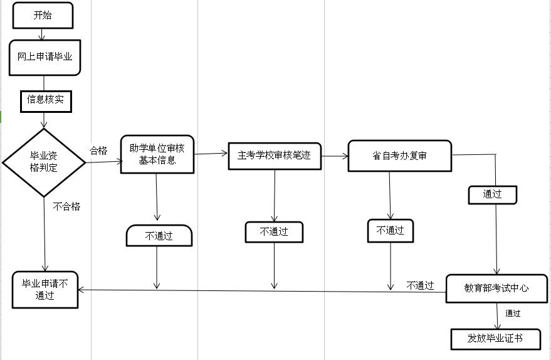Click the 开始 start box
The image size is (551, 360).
(43, 16)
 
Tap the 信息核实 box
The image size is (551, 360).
(45, 100)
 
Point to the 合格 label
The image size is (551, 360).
(98, 151)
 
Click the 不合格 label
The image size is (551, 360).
(66, 206)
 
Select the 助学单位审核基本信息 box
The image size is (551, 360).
(157, 154)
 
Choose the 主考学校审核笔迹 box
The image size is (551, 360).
(274, 155)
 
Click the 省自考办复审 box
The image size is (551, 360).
(399, 156)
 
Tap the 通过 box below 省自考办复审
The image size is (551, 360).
(492, 194)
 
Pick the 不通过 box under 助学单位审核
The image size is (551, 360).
(159, 236)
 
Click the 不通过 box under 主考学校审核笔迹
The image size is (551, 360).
(274, 231)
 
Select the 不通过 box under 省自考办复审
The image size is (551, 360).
(390, 230)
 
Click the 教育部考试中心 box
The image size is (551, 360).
(496, 289)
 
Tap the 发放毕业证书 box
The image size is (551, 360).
(495, 339)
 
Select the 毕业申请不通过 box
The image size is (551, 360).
(45, 290)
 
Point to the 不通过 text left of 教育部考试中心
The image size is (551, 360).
(420, 286)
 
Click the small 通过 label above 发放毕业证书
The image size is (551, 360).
(513, 314)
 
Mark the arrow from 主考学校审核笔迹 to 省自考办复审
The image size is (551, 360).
(335, 154)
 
